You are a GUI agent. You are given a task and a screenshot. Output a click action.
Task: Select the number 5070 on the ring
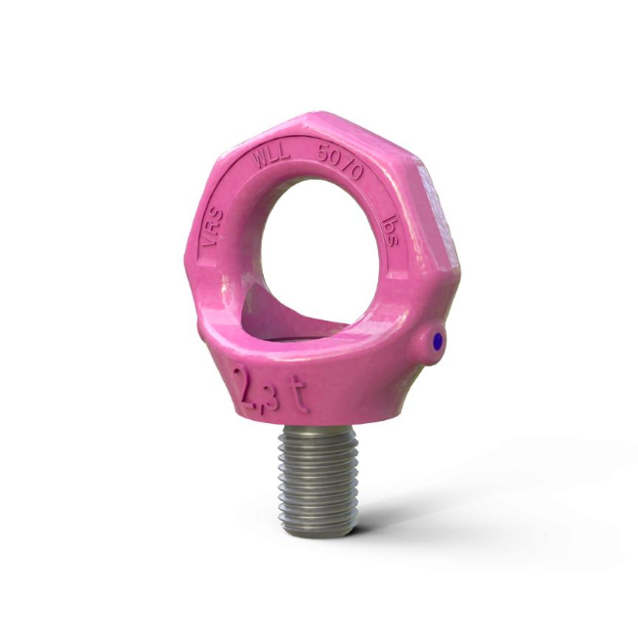point(340,161)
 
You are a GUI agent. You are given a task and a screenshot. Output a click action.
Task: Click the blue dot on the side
point(437,341)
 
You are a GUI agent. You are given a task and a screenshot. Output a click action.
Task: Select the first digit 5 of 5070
point(321,152)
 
